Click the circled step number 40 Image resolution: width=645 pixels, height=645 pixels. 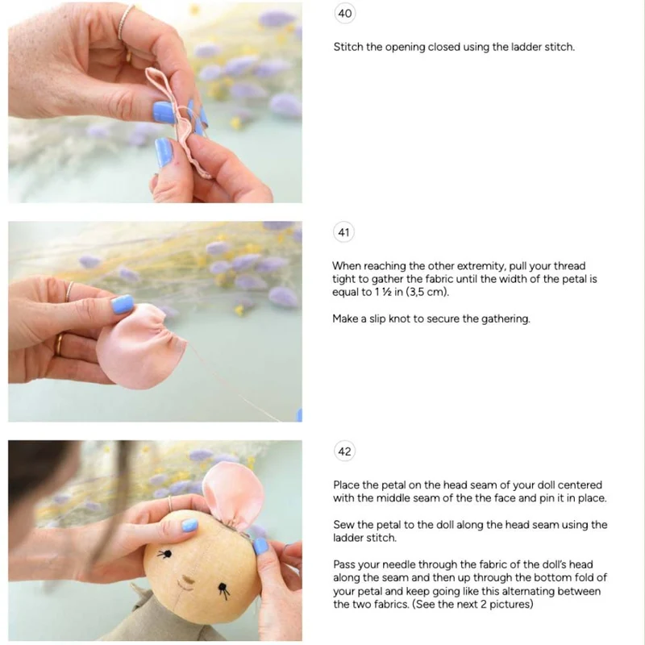345,14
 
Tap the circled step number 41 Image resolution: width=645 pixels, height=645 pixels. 344,232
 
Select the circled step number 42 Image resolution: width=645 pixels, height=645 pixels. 345,451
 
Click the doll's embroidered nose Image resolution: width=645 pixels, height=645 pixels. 187,581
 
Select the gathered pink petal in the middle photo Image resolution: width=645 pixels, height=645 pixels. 138,347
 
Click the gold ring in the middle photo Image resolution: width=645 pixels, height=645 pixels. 59,345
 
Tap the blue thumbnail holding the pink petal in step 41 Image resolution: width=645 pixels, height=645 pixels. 123,305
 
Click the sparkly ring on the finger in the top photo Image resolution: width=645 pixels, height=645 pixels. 126,22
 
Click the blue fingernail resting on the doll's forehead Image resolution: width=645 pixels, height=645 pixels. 189,525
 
